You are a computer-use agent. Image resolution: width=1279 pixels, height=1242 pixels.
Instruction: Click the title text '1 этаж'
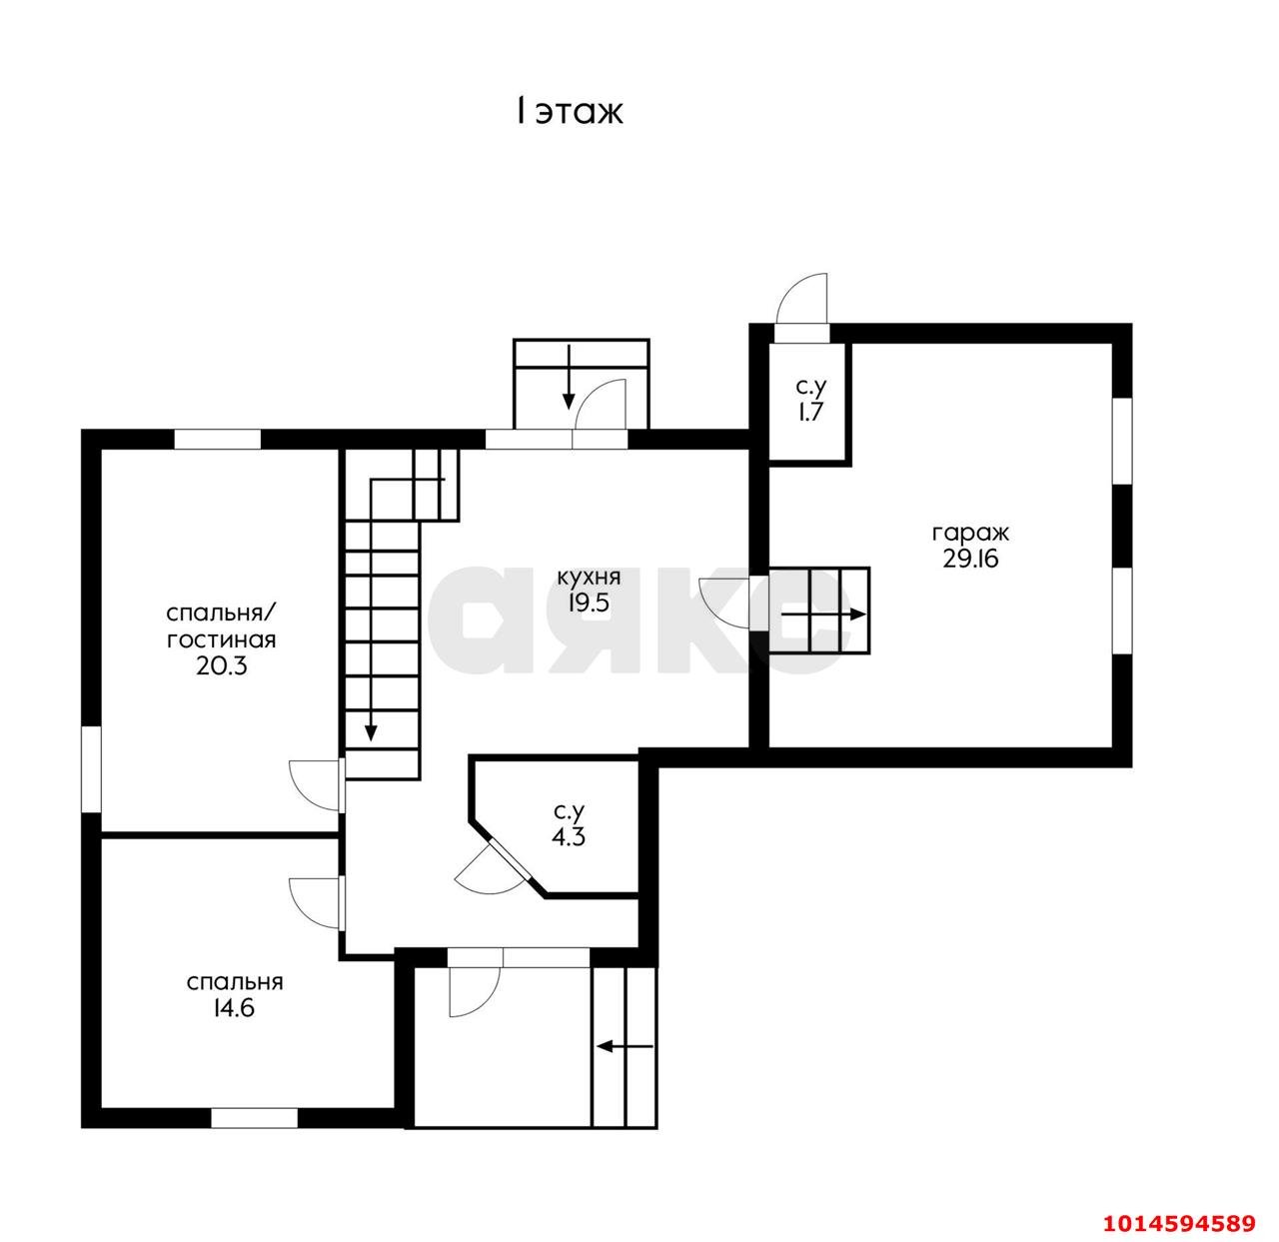[569, 112]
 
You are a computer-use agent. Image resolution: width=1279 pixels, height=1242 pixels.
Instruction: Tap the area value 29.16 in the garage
[969, 559]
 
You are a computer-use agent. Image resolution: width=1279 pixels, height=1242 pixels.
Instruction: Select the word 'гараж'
[969, 533]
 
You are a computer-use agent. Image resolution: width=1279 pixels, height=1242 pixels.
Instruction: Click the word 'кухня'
[589, 578]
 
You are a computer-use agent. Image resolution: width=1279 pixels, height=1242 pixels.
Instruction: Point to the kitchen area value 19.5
[589, 603]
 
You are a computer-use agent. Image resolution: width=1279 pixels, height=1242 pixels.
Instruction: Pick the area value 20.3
[221, 666]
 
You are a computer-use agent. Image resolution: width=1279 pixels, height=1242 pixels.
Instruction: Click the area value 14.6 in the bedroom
[234, 1007]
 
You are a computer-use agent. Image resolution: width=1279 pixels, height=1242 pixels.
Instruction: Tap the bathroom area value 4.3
[569, 837]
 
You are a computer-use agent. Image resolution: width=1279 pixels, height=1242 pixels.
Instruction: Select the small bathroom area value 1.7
[810, 412]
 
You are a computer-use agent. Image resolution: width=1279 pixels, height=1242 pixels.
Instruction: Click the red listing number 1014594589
[1178, 1223]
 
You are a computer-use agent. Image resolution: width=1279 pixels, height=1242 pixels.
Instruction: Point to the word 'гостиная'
[221, 639]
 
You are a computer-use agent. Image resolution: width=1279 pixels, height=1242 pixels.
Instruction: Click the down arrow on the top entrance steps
[569, 378]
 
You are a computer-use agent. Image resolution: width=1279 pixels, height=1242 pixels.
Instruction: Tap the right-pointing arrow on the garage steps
[823, 615]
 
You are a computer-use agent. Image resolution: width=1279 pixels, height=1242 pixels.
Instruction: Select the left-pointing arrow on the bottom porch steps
[624, 1046]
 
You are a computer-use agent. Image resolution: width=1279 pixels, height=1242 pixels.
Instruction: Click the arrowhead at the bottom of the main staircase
[372, 732]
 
